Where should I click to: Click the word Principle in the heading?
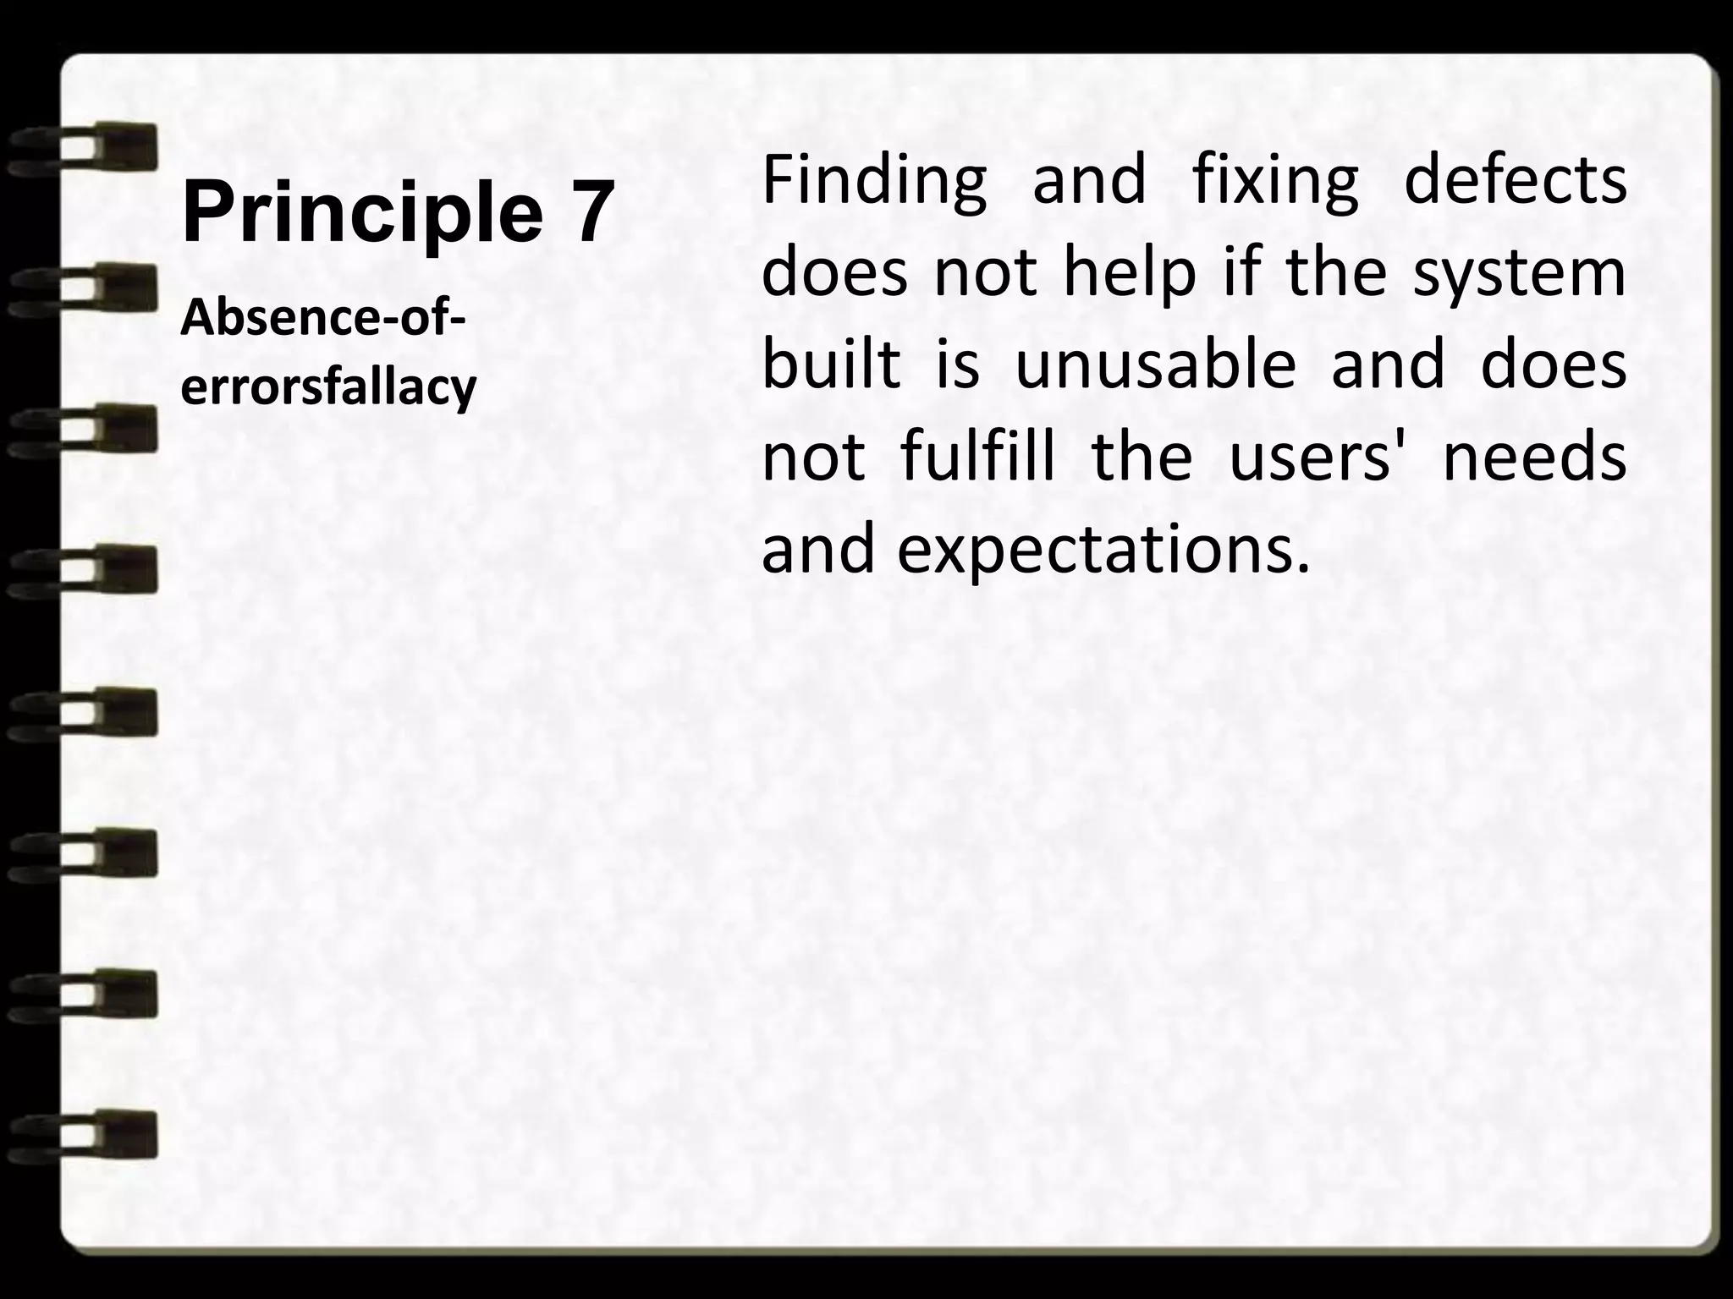[362, 213]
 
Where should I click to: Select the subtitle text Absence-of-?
[323, 320]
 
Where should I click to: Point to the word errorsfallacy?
[329, 387]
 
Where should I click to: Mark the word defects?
[1515, 179]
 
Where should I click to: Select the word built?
[831, 365]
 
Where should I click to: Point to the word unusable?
[1155, 365]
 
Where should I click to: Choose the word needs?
[1534, 457]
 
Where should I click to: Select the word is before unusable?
[957, 365]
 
